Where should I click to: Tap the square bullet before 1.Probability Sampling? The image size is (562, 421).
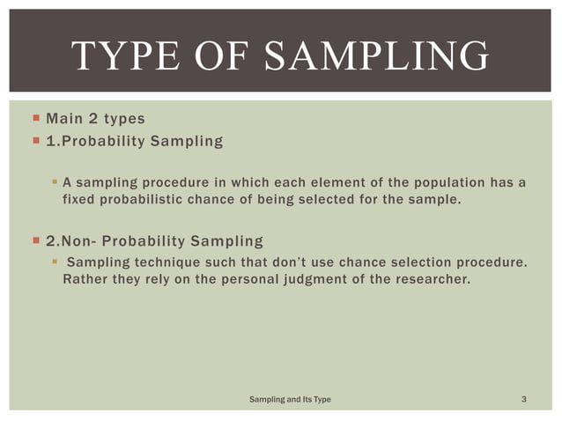(35, 141)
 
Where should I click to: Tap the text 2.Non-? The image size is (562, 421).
(74, 240)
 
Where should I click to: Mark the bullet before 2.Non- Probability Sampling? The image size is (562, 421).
(35, 240)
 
